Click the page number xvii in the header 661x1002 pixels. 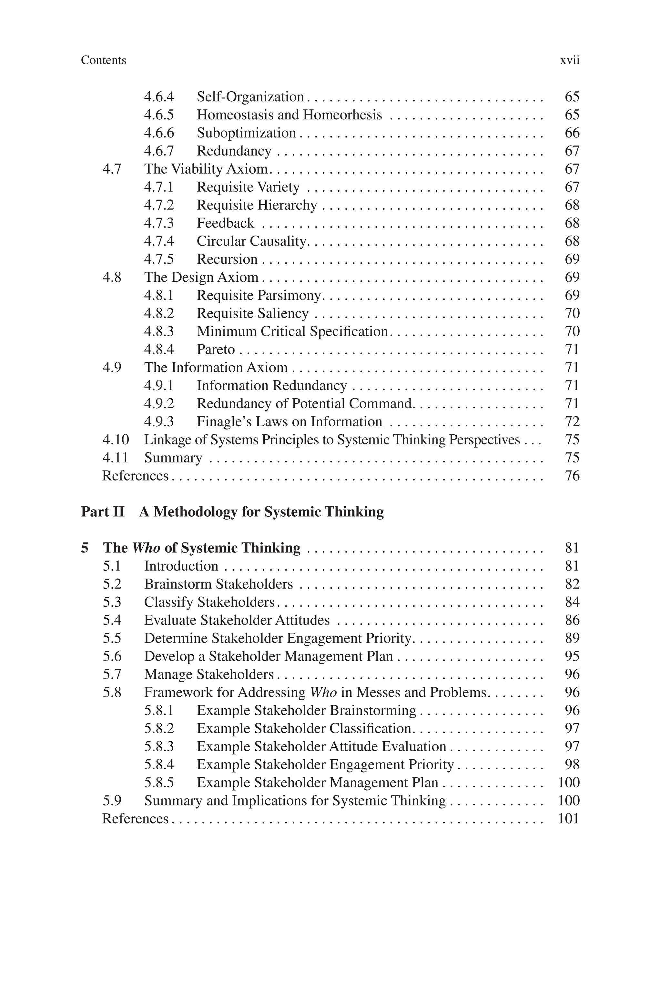tap(570, 61)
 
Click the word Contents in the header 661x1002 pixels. tap(103, 60)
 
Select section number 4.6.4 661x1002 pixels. tap(159, 97)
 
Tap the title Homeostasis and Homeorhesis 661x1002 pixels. tap(289, 115)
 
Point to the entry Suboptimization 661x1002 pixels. tap(246, 133)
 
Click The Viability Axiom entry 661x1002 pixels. tap(206, 169)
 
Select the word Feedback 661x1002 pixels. tap(225, 223)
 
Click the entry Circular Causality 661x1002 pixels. tap(251, 241)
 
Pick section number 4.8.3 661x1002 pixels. tap(159, 332)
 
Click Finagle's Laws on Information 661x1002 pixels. tap(289, 422)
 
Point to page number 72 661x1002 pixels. tap(572, 422)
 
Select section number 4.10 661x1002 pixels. tap(116, 440)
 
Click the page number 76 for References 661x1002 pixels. tap(572, 476)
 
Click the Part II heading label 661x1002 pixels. tap(103, 512)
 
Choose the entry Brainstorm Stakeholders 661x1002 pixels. tap(219, 584)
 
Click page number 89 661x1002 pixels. tap(572, 638)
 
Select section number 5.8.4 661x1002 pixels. tap(159, 765)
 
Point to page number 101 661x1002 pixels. tap(568, 819)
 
